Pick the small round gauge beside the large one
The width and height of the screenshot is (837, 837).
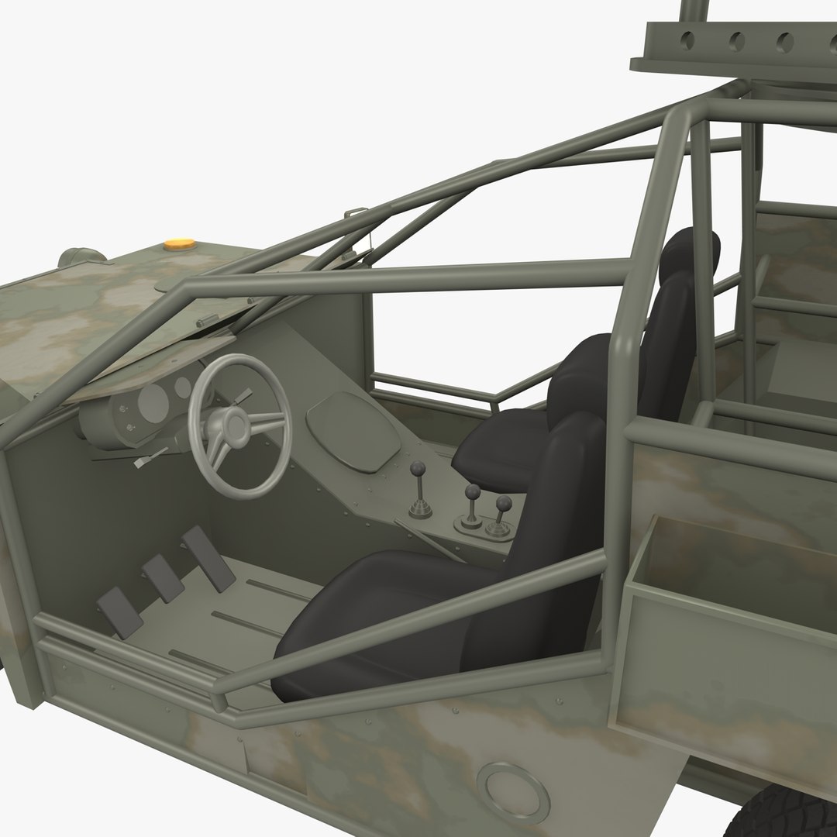tap(183, 387)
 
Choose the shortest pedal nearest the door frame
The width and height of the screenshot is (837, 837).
tap(117, 612)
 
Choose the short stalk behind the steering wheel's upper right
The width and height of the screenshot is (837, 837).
tap(245, 395)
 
